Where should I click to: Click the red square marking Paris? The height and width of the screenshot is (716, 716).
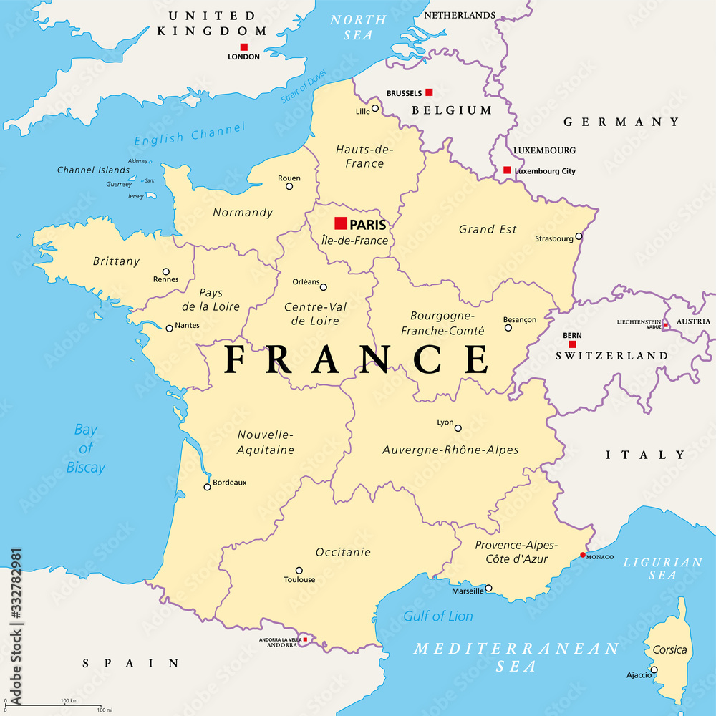341,223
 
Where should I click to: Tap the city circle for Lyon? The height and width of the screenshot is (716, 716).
458,428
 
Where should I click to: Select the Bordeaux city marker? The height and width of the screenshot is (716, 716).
208,487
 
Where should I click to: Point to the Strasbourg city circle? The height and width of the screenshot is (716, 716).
579,236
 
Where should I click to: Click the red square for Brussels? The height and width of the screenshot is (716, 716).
429,92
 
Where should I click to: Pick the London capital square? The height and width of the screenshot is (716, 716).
243,47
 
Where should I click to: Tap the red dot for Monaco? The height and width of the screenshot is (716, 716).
583,555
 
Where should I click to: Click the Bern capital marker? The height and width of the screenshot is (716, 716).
572,344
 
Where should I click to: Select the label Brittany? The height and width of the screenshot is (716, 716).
116,261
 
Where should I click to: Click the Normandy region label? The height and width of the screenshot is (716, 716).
243,212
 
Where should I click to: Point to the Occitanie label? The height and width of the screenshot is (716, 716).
343,552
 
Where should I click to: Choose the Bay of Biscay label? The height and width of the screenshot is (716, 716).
86,448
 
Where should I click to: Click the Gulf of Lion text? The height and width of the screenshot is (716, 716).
438,616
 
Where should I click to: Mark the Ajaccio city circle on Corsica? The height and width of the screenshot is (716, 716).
654,670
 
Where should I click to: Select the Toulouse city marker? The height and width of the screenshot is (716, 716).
299,571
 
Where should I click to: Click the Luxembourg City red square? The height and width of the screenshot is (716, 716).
507,170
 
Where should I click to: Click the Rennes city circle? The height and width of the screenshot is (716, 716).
166,271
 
